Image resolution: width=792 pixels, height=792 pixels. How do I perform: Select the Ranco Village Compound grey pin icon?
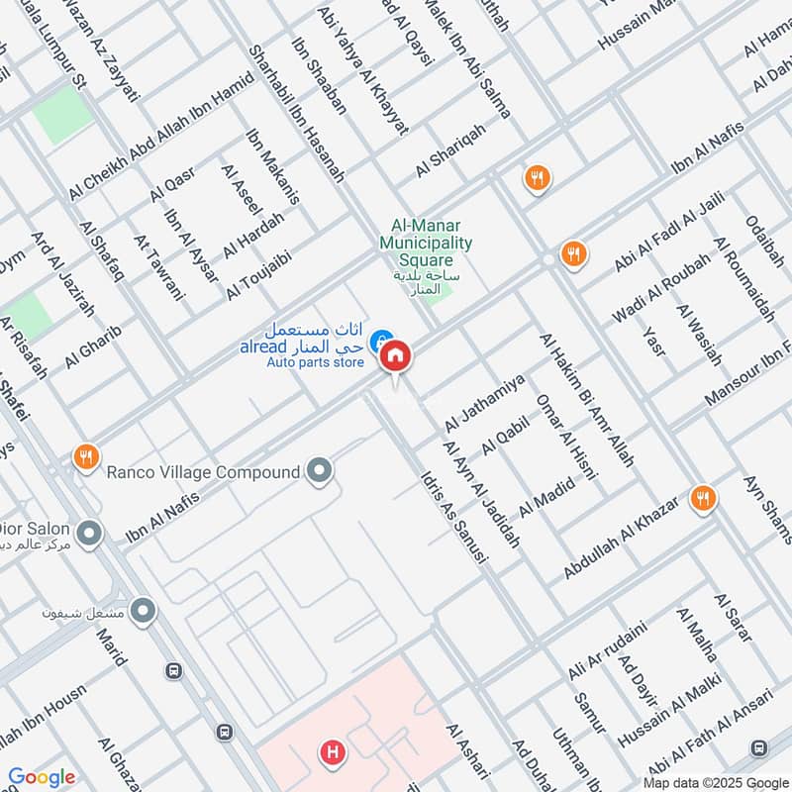click(319, 471)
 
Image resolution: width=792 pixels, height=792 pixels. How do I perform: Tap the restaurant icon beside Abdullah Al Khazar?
click(704, 499)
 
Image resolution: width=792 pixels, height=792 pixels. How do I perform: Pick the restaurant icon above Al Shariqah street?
click(538, 178)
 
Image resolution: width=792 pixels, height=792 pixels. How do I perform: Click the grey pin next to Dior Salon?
click(90, 534)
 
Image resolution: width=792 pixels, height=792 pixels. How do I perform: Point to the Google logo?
click(42, 777)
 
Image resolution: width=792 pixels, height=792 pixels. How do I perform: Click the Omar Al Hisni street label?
click(566, 437)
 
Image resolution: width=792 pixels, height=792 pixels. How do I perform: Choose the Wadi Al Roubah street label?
click(662, 287)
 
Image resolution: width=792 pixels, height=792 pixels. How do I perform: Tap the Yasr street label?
click(652, 341)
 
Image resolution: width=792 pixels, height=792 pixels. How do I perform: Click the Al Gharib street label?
click(86, 343)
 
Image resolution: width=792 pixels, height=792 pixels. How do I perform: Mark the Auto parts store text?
click(315, 363)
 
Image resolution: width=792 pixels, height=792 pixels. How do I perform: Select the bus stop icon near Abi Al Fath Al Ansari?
click(759, 747)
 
